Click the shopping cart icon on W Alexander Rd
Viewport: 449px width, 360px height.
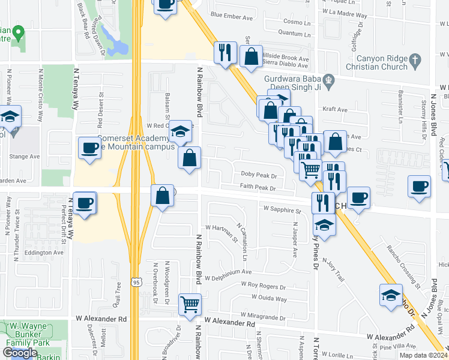(190, 305)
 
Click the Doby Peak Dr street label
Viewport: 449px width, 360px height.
(259, 176)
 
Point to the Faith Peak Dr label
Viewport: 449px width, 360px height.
(258, 188)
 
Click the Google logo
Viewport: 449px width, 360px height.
(20, 353)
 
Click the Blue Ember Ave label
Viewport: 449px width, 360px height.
(228, 15)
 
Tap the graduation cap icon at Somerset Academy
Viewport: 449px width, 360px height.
(179, 131)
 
